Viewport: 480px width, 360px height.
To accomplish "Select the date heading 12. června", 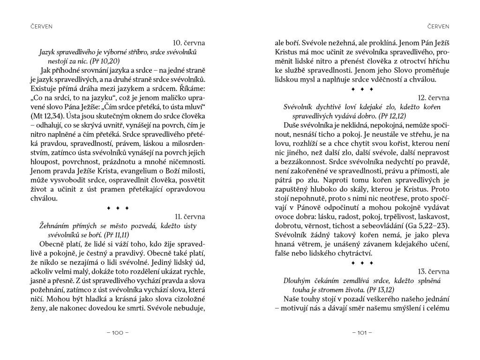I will click(434, 97).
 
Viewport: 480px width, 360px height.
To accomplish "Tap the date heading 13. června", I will click(434, 271).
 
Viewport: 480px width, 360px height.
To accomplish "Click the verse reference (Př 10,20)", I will click(102, 61).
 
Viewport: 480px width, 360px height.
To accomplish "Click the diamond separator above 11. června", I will click(117, 207).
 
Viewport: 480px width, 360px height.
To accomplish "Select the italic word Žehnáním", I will click(54, 225).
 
